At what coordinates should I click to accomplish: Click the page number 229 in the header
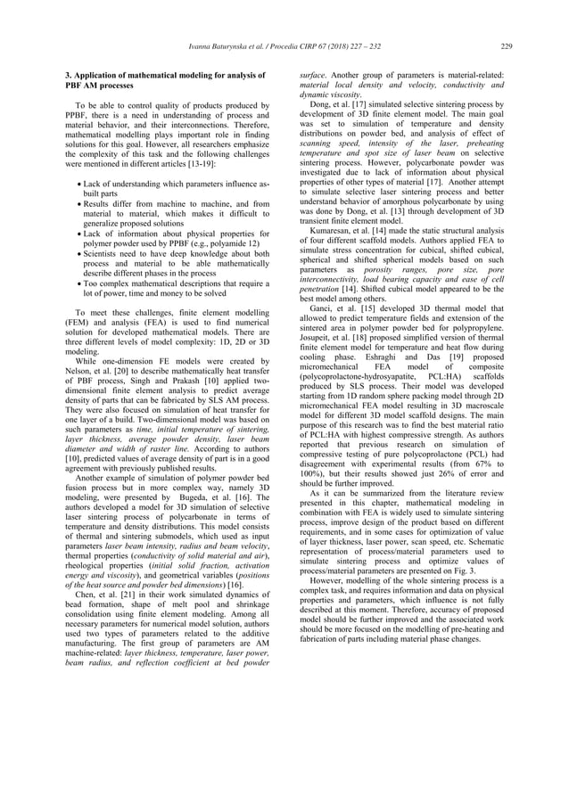coord(506,46)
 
